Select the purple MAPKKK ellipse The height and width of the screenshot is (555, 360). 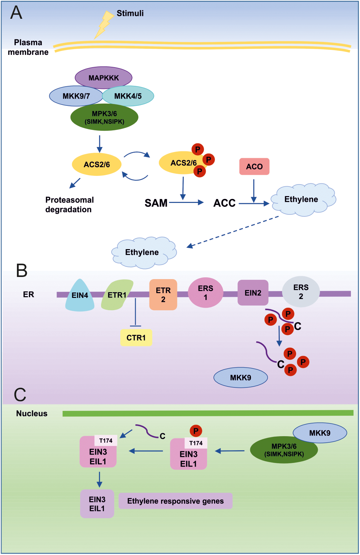[x=104, y=78]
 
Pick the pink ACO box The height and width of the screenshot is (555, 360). [x=254, y=166]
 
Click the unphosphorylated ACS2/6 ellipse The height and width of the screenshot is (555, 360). [x=97, y=165]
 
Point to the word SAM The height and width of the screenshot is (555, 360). [x=156, y=203]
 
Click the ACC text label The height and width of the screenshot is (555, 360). [x=224, y=203]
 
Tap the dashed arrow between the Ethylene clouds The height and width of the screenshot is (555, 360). [x=233, y=231]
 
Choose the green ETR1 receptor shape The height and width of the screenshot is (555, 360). [x=117, y=295]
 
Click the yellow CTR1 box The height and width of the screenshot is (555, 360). [x=136, y=338]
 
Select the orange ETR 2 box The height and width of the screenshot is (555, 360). [x=163, y=295]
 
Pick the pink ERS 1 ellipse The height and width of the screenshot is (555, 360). [x=205, y=292]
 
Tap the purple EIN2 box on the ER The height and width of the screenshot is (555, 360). [x=253, y=293]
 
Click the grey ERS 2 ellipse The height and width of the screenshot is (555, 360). [x=301, y=292]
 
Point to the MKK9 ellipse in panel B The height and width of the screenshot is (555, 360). [x=240, y=378]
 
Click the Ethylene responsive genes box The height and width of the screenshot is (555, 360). [x=175, y=501]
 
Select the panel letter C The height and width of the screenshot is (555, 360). [x=20, y=395]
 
